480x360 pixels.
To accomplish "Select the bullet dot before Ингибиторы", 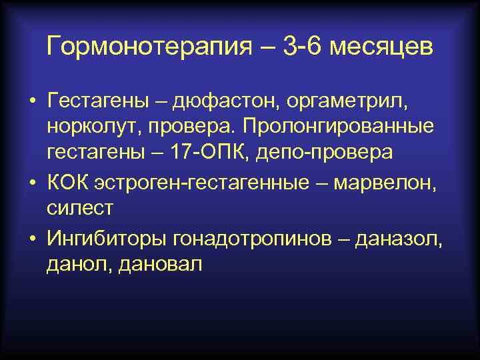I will pos(32,237).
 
